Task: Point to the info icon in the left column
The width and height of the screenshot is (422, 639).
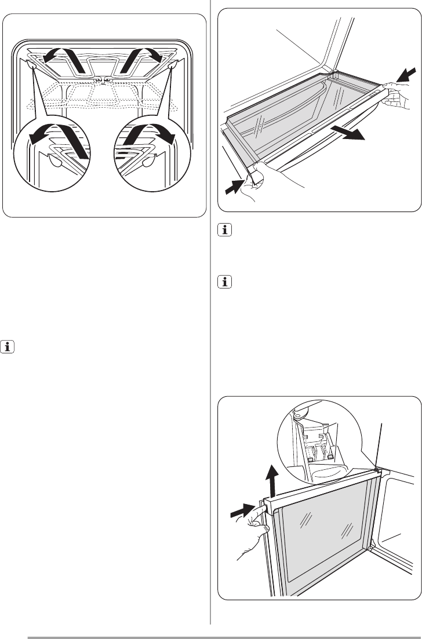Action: coord(8,349)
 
